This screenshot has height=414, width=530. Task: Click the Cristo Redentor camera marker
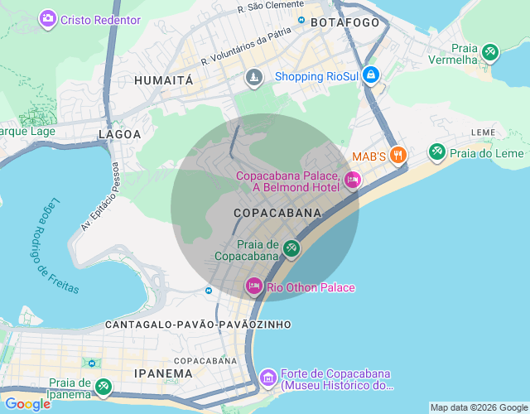point(48,18)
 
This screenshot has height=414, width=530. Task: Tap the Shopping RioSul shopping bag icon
point(370,75)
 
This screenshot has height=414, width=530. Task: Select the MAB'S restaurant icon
point(398,155)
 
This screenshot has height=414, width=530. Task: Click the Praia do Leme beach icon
point(436,152)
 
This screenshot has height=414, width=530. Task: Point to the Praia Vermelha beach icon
point(490,53)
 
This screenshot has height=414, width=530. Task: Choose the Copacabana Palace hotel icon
point(352,180)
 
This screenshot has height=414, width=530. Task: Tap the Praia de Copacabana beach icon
point(291,248)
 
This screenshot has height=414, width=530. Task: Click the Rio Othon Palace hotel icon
point(253,286)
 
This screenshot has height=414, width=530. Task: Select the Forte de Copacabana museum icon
point(267,378)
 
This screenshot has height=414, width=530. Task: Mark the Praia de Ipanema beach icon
point(103,387)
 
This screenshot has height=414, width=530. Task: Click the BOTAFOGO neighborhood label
point(344,23)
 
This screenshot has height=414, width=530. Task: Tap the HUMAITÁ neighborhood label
point(163,80)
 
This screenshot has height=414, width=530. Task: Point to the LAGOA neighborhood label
point(120,133)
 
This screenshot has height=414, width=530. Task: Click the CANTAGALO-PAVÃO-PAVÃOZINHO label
point(198,325)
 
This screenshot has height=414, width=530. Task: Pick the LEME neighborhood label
point(484,132)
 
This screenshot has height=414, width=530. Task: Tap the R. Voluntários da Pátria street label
point(247,49)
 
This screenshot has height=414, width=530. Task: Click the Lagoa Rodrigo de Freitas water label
point(57,246)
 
